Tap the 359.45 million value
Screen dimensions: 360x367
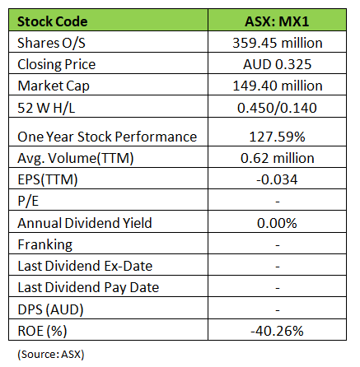[278, 43]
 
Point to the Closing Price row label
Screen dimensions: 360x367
[56, 65]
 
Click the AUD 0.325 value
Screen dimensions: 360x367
[278, 64]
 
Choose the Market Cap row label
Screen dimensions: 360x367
[54, 86]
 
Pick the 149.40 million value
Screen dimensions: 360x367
[278, 86]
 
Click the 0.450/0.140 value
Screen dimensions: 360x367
[277, 108]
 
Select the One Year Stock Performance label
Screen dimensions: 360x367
[107, 137]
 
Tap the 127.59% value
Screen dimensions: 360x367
[277, 137]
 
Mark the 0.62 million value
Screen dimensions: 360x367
[278, 158]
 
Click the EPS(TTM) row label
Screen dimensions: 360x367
[48, 180]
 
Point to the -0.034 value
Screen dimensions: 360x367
[277, 180]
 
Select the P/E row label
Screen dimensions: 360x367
[28, 201]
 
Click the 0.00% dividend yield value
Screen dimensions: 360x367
[277, 223]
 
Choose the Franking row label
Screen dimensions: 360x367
[45, 244]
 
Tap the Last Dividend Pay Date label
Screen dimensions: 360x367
[88, 288]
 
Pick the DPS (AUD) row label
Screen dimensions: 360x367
[50, 309]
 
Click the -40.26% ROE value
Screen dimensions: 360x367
[277, 331]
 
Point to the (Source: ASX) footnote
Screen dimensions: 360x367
[51, 355]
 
